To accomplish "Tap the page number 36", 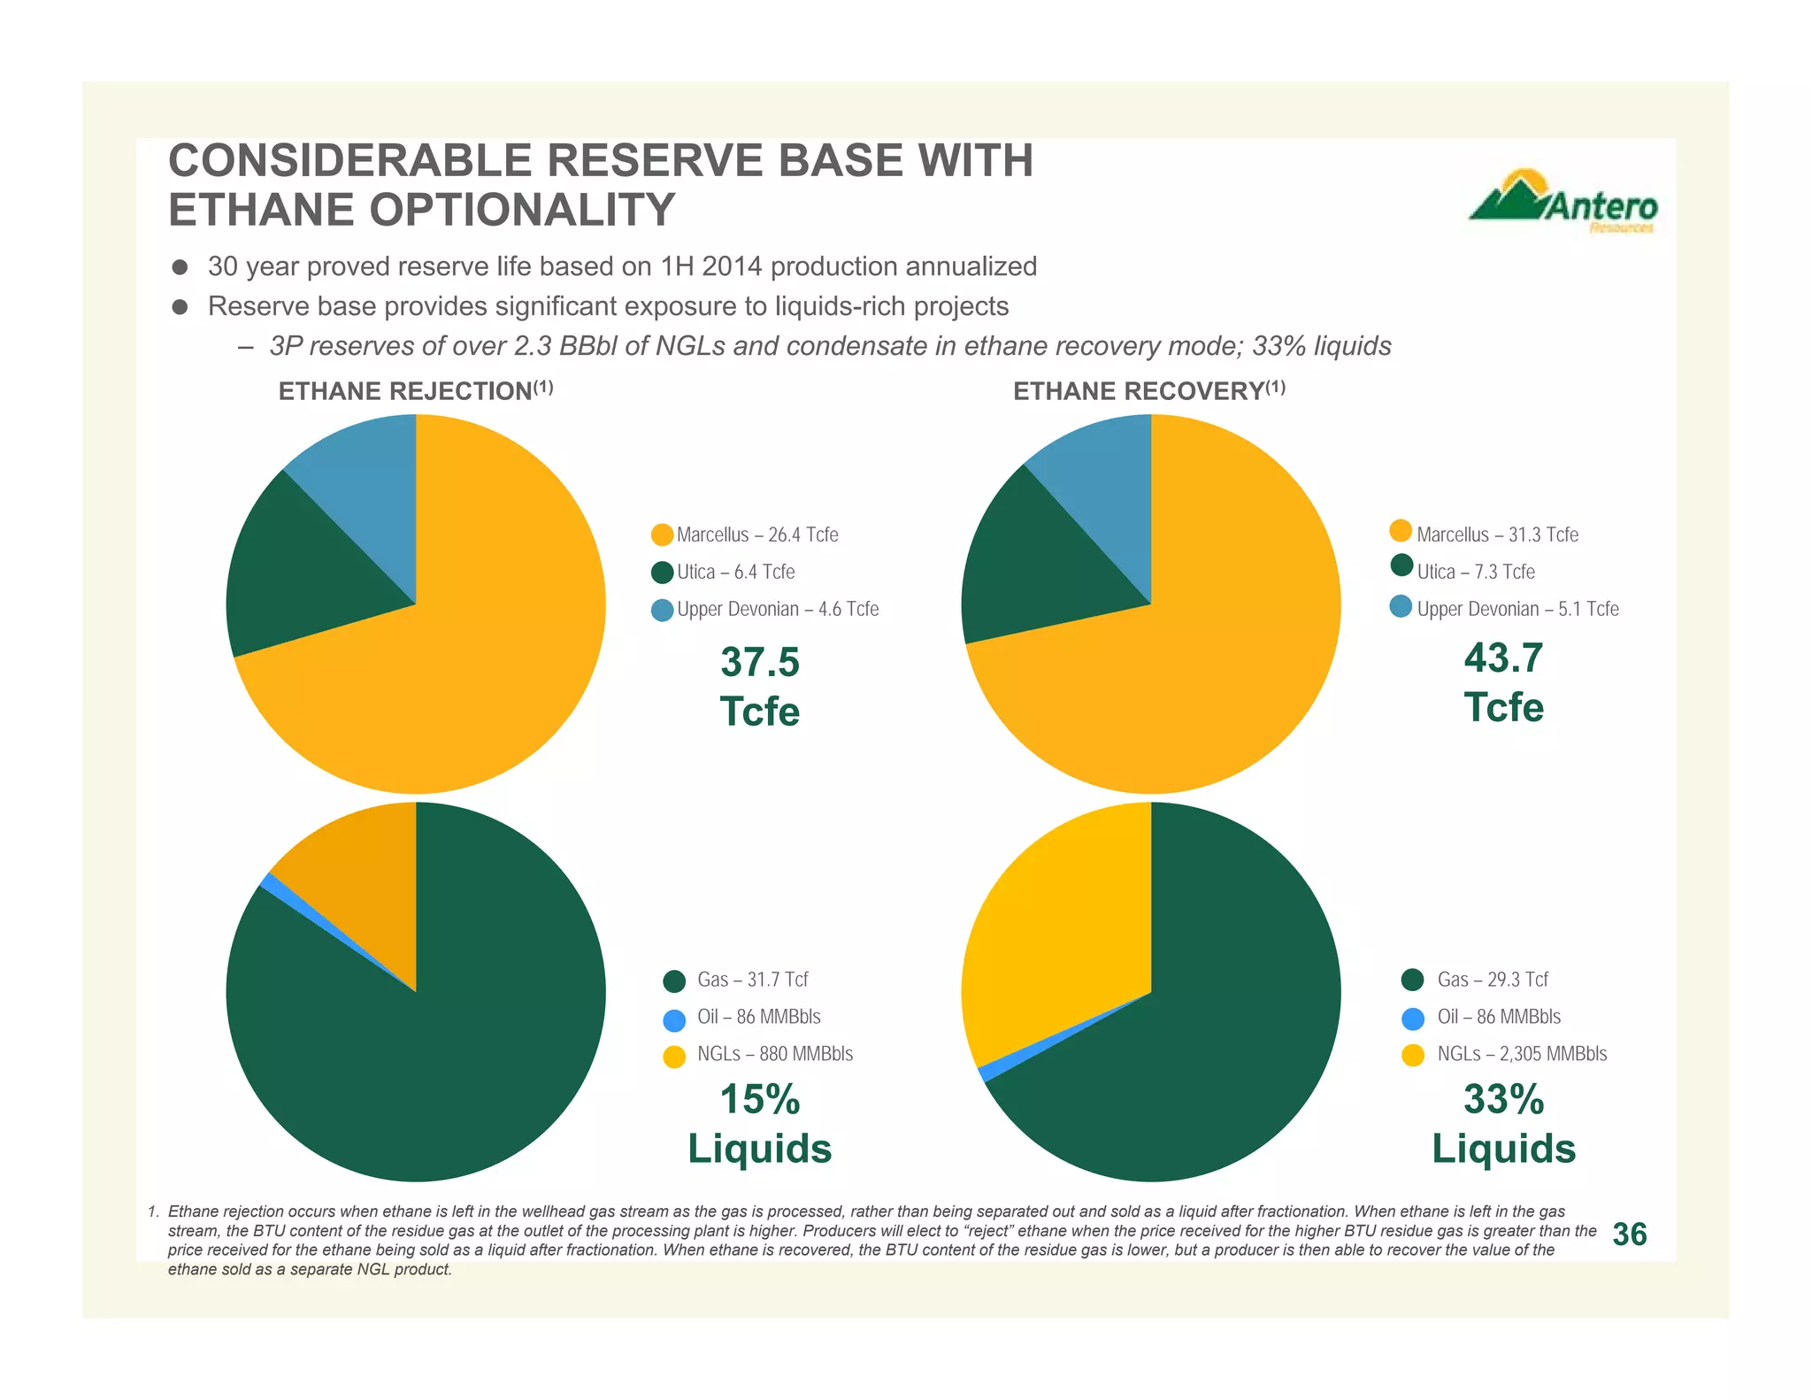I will (1629, 1234).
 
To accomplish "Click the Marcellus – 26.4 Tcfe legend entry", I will (756, 535).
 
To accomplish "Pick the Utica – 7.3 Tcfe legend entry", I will (1475, 572).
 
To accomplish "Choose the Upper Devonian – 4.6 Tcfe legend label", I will (777, 609).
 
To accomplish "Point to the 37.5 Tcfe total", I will (759, 687).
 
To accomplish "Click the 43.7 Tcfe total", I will (1503, 682).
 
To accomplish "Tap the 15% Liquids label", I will (759, 1123).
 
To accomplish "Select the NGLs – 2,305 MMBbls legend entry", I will (1521, 1054).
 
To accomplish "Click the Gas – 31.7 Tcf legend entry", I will (752, 980).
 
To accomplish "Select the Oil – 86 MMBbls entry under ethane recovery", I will (1498, 1017).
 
